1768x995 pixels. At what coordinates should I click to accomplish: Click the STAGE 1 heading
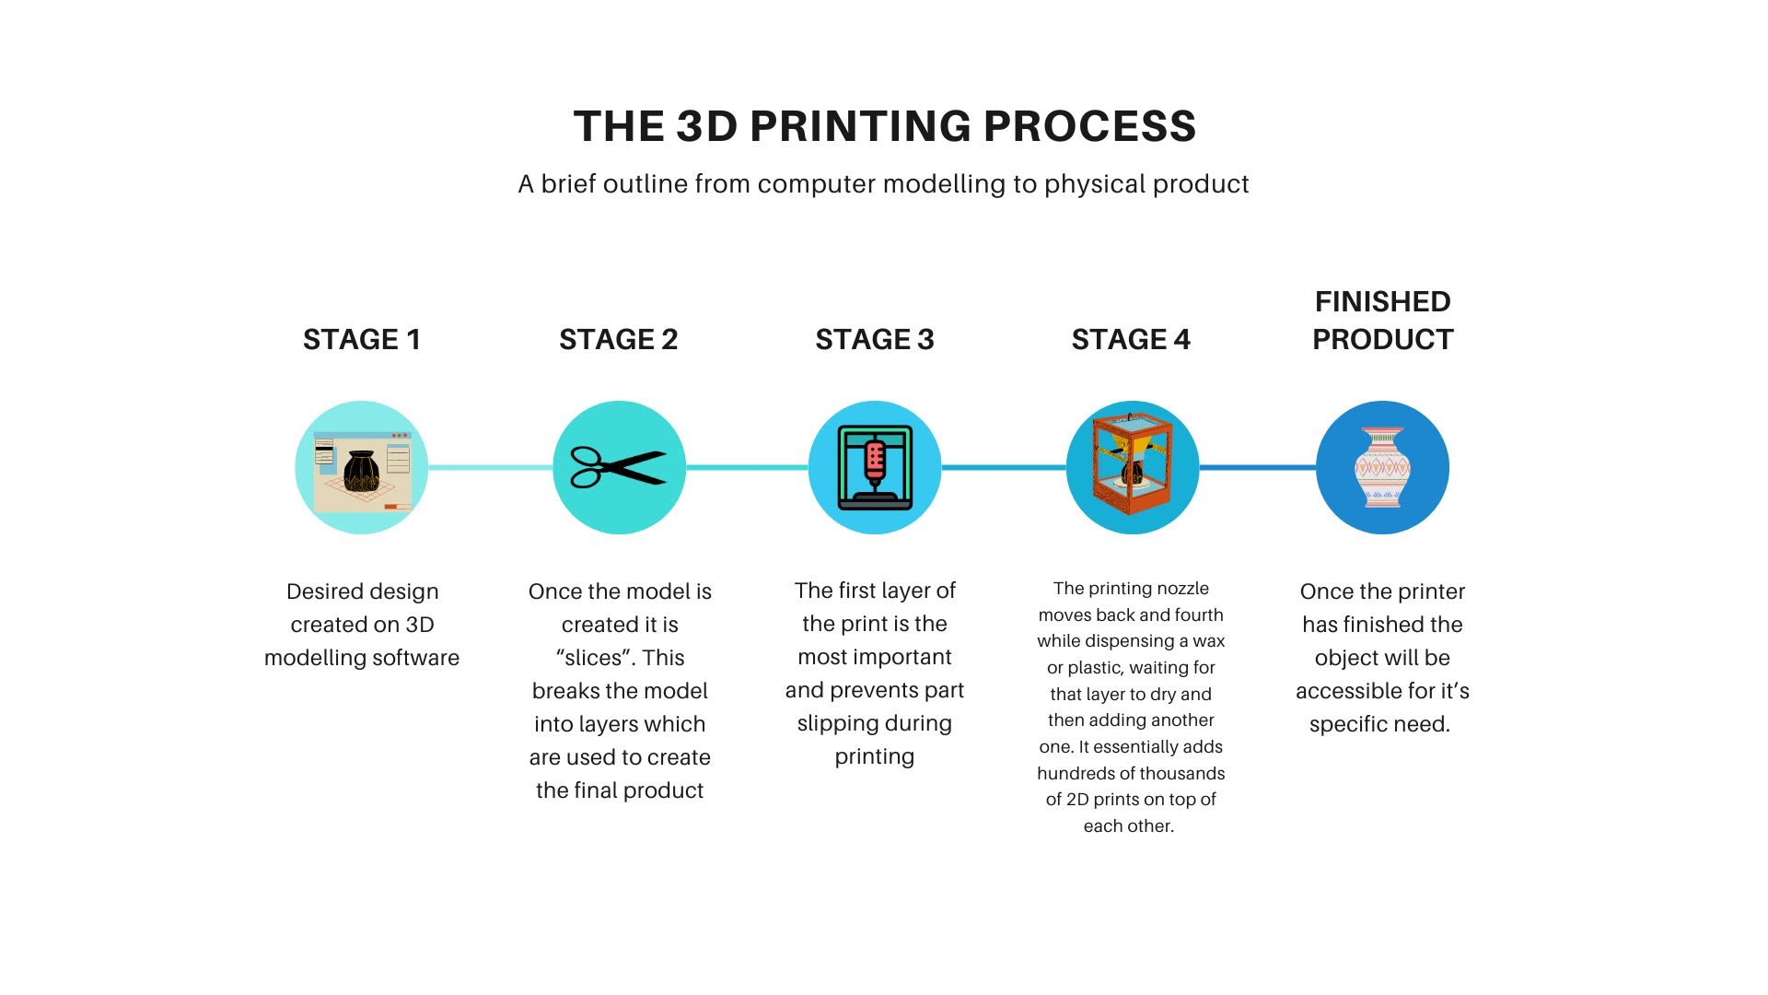pos(362,339)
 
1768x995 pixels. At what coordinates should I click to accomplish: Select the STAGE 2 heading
pos(619,339)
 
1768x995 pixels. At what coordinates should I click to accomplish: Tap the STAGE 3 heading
pos(875,339)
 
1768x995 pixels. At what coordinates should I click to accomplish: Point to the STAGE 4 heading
pos(1131,339)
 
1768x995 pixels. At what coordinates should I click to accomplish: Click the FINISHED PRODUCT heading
pos(1383,320)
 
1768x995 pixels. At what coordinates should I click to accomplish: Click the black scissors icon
pos(619,467)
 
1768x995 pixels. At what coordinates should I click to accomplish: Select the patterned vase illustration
pos(1382,467)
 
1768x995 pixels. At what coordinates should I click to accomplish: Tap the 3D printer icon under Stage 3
pos(875,467)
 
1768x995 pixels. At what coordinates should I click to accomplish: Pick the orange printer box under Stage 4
pos(1132,465)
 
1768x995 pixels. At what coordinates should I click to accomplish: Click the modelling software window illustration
pos(362,471)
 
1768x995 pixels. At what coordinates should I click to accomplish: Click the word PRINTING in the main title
pos(859,126)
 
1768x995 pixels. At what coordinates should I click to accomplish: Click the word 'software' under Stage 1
pos(421,658)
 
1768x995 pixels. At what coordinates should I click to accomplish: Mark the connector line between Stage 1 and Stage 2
pos(491,467)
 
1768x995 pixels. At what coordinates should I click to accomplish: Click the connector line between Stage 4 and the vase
pos(1258,467)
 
